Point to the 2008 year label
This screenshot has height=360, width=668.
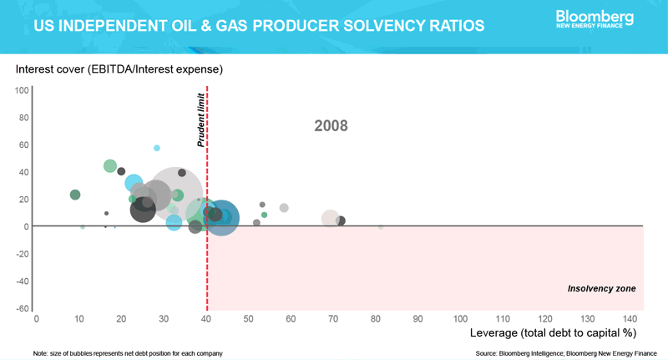pos(331,127)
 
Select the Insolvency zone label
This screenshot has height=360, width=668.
pos(601,288)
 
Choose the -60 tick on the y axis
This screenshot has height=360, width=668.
pos(23,308)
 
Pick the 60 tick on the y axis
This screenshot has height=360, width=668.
pos(24,145)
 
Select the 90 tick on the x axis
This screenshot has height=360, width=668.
pos(417,319)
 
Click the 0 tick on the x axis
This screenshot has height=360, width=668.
pos(36,319)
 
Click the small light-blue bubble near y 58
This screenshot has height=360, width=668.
pos(157,148)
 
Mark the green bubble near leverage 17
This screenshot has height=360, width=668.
pos(109,166)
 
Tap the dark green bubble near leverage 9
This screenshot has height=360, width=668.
pos(75,195)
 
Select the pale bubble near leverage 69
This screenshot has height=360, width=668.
pos(330,218)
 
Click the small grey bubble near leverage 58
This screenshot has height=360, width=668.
pos(284,207)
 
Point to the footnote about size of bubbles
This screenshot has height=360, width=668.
pos(128,353)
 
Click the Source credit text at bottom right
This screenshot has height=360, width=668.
pos(566,353)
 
